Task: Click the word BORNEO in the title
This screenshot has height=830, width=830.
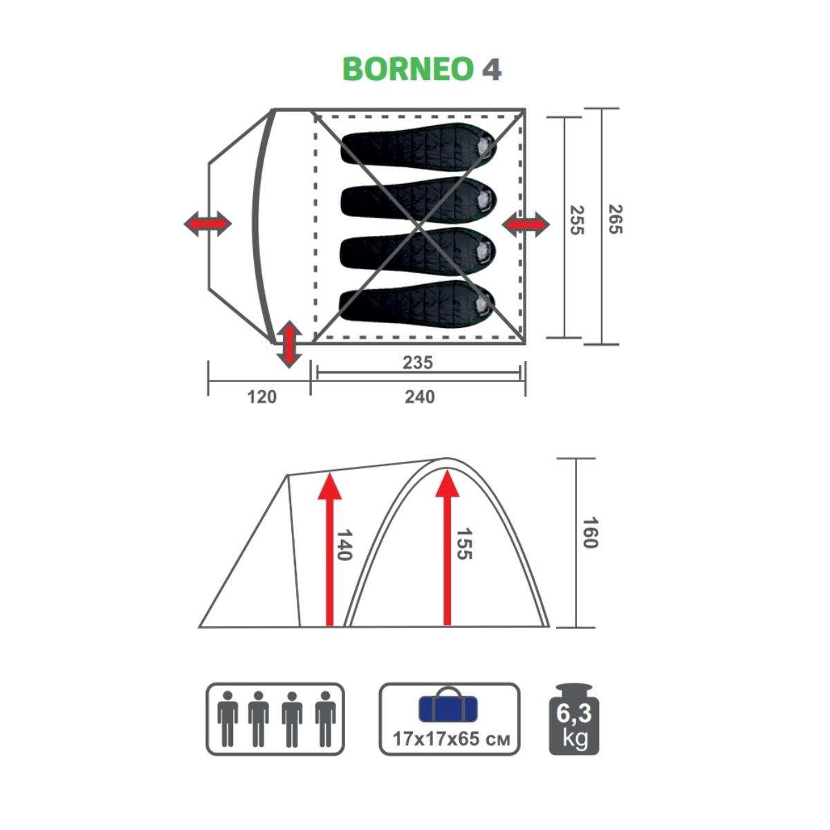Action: pos(408,69)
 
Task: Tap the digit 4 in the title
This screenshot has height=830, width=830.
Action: pos(492,69)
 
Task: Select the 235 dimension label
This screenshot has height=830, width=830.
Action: pos(417,362)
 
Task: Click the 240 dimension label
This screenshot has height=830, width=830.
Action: pos(420,397)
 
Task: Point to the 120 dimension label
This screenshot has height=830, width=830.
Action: pos(262,397)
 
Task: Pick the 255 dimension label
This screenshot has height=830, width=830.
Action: pos(577,220)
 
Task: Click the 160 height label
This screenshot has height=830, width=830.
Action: pos(590,533)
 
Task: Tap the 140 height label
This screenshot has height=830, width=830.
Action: pos(344,545)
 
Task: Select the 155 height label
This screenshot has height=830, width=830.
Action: pos(464,544)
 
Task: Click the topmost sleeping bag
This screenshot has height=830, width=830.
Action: pos(418,144)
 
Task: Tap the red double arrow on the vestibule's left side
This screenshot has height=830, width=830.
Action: pos(207,223)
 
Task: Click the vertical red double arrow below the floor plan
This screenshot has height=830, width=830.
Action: pos(288,344)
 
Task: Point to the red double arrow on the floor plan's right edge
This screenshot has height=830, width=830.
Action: pos(526,224)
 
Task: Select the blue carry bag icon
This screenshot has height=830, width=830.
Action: pos(448,705)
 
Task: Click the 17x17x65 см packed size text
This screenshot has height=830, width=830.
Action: pos(451,739)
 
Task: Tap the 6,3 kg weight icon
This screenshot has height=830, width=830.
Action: pos(573,719)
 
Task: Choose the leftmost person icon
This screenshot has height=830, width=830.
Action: pos(228,719)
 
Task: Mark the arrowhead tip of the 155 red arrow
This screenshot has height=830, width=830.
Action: pos(447,470)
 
